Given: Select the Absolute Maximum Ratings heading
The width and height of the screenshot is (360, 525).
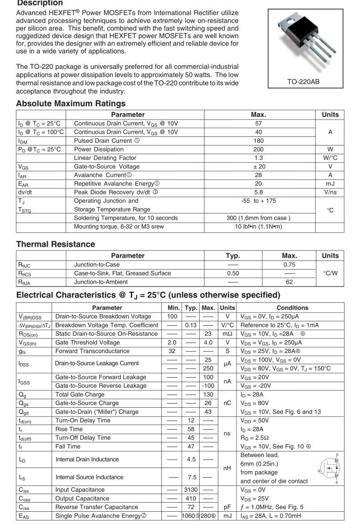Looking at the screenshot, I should click(x=71, y=104).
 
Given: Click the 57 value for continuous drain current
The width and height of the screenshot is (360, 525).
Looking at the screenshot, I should click(x=258, y=124).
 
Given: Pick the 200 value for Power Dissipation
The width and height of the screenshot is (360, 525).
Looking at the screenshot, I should click(x=258, y=149).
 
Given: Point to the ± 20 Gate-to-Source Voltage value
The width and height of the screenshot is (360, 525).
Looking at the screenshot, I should click(x=258, y=166).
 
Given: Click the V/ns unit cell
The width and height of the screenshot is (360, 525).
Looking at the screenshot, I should click(x=330, y=192).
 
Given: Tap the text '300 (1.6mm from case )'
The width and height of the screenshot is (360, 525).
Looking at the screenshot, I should click(x=258, y=218).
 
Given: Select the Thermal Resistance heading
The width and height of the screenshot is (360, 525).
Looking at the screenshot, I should click(x=56, y=244).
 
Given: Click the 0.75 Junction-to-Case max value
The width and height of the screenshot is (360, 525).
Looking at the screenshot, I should click(x=289, y=265).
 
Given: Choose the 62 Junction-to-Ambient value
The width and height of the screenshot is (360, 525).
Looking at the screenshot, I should click(x=289, y=282).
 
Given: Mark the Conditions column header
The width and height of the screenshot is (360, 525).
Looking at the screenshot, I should click(x=292, y=308).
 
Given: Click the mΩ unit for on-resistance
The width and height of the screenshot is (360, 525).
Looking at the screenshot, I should click(x=227, y=334).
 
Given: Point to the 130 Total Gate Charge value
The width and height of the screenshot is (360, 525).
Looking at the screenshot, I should click(x=208, y=395).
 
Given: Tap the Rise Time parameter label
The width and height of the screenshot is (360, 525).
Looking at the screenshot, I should click(x=69, y=429).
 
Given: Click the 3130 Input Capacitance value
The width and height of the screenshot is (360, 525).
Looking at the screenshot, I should click(x=190, y=490).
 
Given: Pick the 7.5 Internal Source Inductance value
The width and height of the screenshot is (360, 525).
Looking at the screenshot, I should click(x=192, y=477).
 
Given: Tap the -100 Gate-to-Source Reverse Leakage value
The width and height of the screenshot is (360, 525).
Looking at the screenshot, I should click(x=208, y=386).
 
